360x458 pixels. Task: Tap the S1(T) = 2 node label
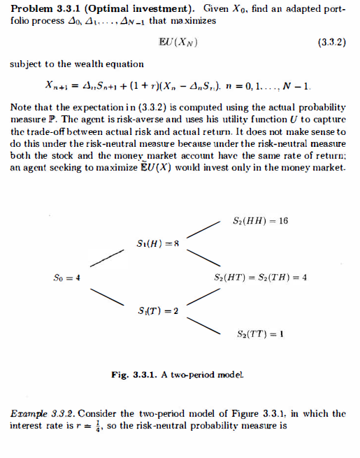click(159, 310)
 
